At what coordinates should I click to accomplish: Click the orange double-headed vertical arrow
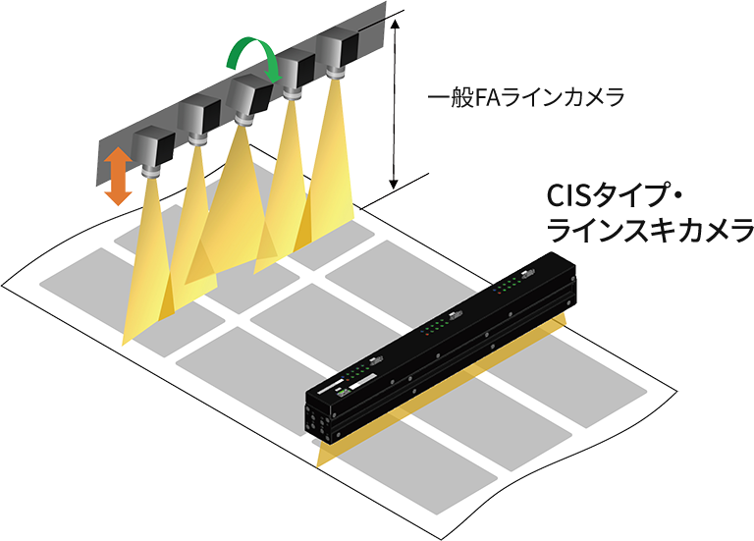[x=118, y=176]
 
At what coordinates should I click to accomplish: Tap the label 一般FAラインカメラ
[x=526, y=97]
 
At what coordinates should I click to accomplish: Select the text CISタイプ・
[x=613, y=195]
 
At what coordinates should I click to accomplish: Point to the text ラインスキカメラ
[x=650, y=231]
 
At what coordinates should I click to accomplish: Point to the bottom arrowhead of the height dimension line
[x=394, y=183]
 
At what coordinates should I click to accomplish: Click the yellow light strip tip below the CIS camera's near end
[x=319, y=460]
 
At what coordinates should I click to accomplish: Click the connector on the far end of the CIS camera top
[x=528, y=273]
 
